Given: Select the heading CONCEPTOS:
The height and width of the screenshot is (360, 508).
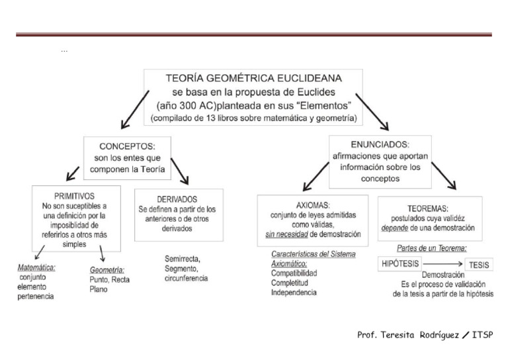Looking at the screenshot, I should (x=126, y=146).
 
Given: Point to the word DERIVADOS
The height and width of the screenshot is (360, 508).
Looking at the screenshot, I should (x=179, y=199).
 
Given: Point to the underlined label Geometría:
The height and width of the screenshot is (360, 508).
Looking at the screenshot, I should (x=107, y=270).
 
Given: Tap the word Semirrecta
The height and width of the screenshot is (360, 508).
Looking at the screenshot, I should (x=183, y=258).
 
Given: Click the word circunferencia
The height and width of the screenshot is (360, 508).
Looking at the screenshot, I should (x=187, y=279).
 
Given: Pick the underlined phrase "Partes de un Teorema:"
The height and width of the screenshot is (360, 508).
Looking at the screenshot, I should (x=432, y=248).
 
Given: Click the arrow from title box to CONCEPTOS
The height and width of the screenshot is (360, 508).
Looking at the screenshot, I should (x=134, y=110).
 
